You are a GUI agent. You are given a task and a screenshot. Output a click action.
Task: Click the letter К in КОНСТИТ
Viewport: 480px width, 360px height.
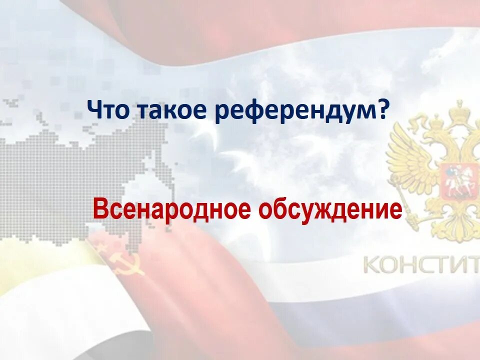(x=371, y=265)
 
